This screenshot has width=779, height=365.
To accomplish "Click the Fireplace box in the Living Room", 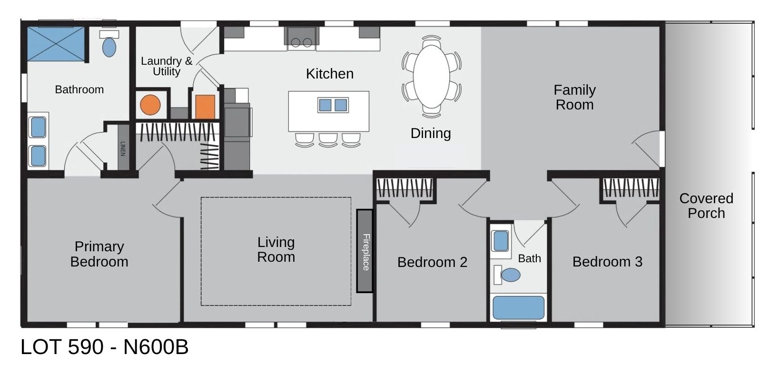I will click(x=365, y=251).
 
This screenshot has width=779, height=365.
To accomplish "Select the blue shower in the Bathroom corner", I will click(x=56, y=44).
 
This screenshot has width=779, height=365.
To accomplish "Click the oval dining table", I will click(x=431, y=76).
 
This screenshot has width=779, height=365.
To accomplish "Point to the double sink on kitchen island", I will click(x=333, y=105).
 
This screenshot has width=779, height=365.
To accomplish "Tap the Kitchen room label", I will click(x=329, y=74).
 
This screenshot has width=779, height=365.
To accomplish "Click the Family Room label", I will click(x=574, y=97).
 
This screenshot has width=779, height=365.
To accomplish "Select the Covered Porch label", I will click(x=706, y=206).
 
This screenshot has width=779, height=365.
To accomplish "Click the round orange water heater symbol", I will click(x=150, y=105).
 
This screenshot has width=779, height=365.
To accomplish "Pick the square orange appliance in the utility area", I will click(x=205, y=107).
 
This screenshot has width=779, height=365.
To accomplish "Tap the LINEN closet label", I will click(x=123, y=148).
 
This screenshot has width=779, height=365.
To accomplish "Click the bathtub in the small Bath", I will click(x=518, y=307).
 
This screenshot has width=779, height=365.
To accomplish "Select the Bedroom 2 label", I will click(x=432, y=262).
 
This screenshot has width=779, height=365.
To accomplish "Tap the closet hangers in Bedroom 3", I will click(x=631, y=188).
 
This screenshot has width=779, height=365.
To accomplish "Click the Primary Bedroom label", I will click(x=99, y=254).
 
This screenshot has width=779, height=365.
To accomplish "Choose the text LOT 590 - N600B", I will click(x=105, y=347).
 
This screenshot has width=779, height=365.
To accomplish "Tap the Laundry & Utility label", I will click(x=167, y=66).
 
